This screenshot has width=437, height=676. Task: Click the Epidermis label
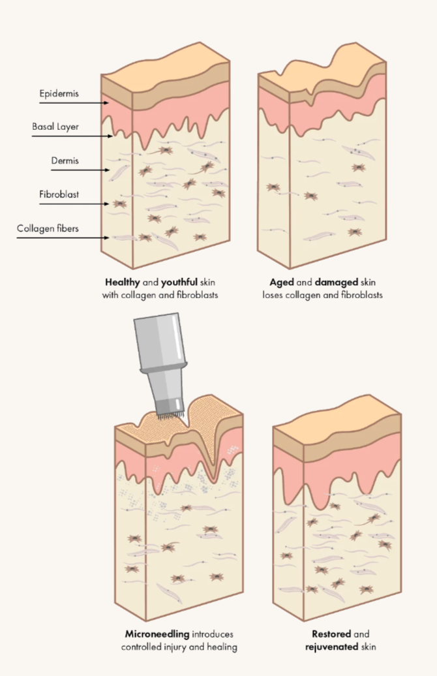pos(60,93)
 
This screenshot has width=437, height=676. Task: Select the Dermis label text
pos(65,161)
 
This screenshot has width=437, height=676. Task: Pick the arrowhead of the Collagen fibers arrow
pos(106,238)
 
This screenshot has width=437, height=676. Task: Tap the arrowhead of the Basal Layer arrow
pos(112,136)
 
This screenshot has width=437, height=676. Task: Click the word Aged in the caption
pos(281,283)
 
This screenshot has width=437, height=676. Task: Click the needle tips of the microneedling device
pos(169,413)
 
